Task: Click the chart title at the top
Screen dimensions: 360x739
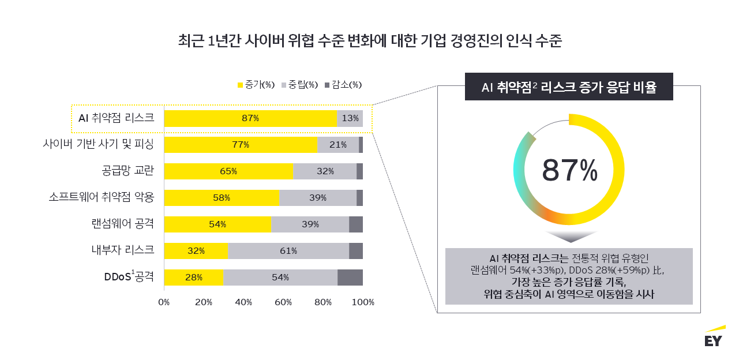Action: (x=369, y=42)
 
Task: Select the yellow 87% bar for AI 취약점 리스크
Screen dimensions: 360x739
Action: (x=250, y=118)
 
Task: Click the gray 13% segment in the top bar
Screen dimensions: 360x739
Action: (x=350, y=118)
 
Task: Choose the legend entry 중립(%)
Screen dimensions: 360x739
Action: (x=300, y=85)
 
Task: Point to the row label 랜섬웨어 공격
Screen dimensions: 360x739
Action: (x=122, y=224)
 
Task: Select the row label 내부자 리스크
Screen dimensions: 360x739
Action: (x=122, y=250)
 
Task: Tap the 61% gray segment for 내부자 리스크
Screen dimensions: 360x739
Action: (x=288, y=251)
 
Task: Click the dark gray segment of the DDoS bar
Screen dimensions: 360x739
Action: (x=350, y=277)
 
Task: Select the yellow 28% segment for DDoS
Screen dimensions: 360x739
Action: (x=194, y=277)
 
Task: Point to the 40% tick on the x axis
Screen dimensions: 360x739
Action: (x=243, y=302)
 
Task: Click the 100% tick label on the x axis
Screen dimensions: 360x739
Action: (x=363, y=302)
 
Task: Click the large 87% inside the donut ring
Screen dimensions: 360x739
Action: (x=569, y=170)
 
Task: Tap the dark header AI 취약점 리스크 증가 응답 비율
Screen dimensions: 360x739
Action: (x=569, y=87)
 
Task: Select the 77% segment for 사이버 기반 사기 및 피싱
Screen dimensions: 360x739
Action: (x=241, y=145)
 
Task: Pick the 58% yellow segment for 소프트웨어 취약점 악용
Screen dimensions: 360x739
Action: (x=222, y=198)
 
